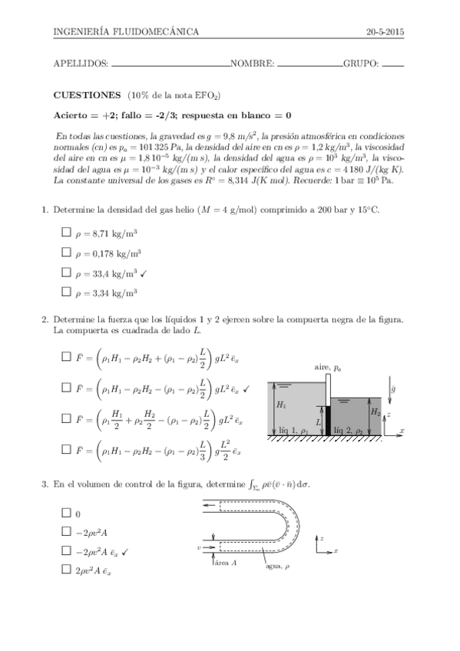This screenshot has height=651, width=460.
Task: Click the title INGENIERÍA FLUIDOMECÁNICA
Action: tap(126, 31)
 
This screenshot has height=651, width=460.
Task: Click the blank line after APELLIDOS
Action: tap(170, 66)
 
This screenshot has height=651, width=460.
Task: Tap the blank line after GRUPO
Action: tap(392, 66)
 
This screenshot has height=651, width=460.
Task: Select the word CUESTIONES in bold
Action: tap(87, 94)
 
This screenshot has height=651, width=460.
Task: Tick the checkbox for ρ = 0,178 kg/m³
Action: tap(65, 252)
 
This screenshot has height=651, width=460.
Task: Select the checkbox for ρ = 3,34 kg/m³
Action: tap(65, 292)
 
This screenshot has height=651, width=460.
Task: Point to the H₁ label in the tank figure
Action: tap(281, 405)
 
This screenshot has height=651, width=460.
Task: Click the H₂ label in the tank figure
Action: tap(375, 412)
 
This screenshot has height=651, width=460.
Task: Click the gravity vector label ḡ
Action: tap(394, 389)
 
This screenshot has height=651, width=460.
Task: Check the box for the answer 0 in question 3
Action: tap(65, 514)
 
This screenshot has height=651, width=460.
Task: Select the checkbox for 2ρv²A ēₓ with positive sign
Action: tap(65, 569)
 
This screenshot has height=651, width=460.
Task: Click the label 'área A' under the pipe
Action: tap(226, 563)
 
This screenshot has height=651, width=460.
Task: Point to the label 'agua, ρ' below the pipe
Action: tap(278, 567)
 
